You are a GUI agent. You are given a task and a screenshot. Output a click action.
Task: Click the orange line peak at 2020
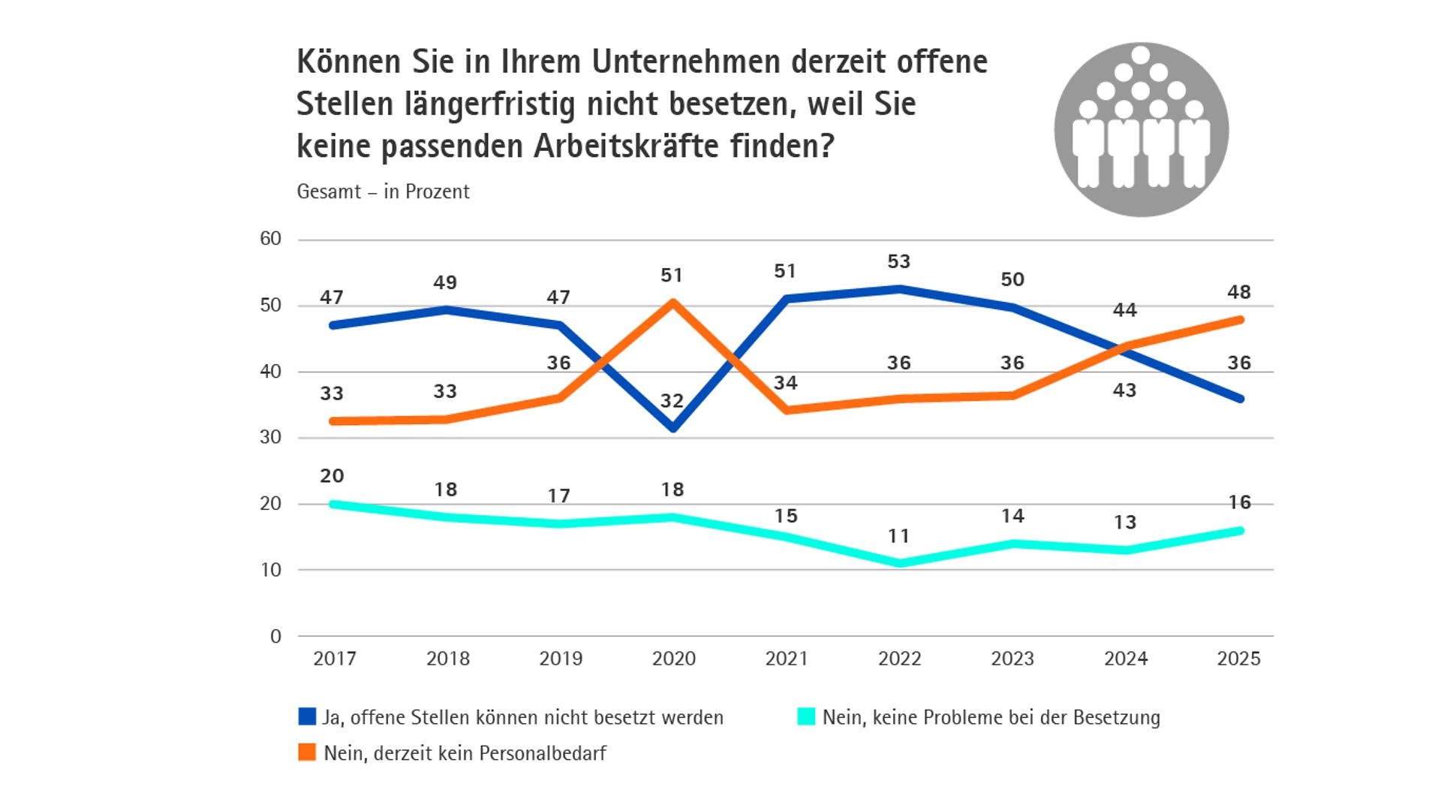coord(673,303)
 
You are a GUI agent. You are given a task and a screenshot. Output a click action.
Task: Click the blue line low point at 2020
coord(673,428)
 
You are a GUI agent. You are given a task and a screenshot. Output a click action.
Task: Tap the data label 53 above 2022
coord(898,261)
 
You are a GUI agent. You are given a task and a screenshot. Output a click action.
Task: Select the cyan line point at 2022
coord(900,563)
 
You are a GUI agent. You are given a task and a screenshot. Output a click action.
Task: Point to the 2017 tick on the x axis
coord(335,659)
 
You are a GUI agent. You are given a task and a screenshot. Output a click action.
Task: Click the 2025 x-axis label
coord(1238,659)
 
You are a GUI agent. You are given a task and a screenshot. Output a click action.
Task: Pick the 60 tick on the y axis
coord(270,239)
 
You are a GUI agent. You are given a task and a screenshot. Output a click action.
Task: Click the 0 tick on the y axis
coord(275,636)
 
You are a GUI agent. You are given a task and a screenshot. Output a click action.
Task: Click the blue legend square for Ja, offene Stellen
coord(307,716)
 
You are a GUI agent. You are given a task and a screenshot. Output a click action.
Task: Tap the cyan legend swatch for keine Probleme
coord(806,716)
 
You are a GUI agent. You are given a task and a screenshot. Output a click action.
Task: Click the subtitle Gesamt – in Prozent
coord(383,191)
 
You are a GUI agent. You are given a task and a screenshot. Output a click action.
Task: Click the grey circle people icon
coord(1141,130)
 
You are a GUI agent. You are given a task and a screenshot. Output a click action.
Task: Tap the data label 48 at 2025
coord(1238,291)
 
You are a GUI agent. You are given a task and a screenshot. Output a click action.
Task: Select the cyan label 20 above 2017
coord(332,475)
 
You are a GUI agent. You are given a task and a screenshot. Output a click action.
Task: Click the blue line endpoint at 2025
coord(1240,399)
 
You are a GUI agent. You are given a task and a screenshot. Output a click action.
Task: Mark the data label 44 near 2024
coord(1124,309)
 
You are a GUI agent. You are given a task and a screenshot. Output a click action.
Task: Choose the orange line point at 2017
coord(333,421)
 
